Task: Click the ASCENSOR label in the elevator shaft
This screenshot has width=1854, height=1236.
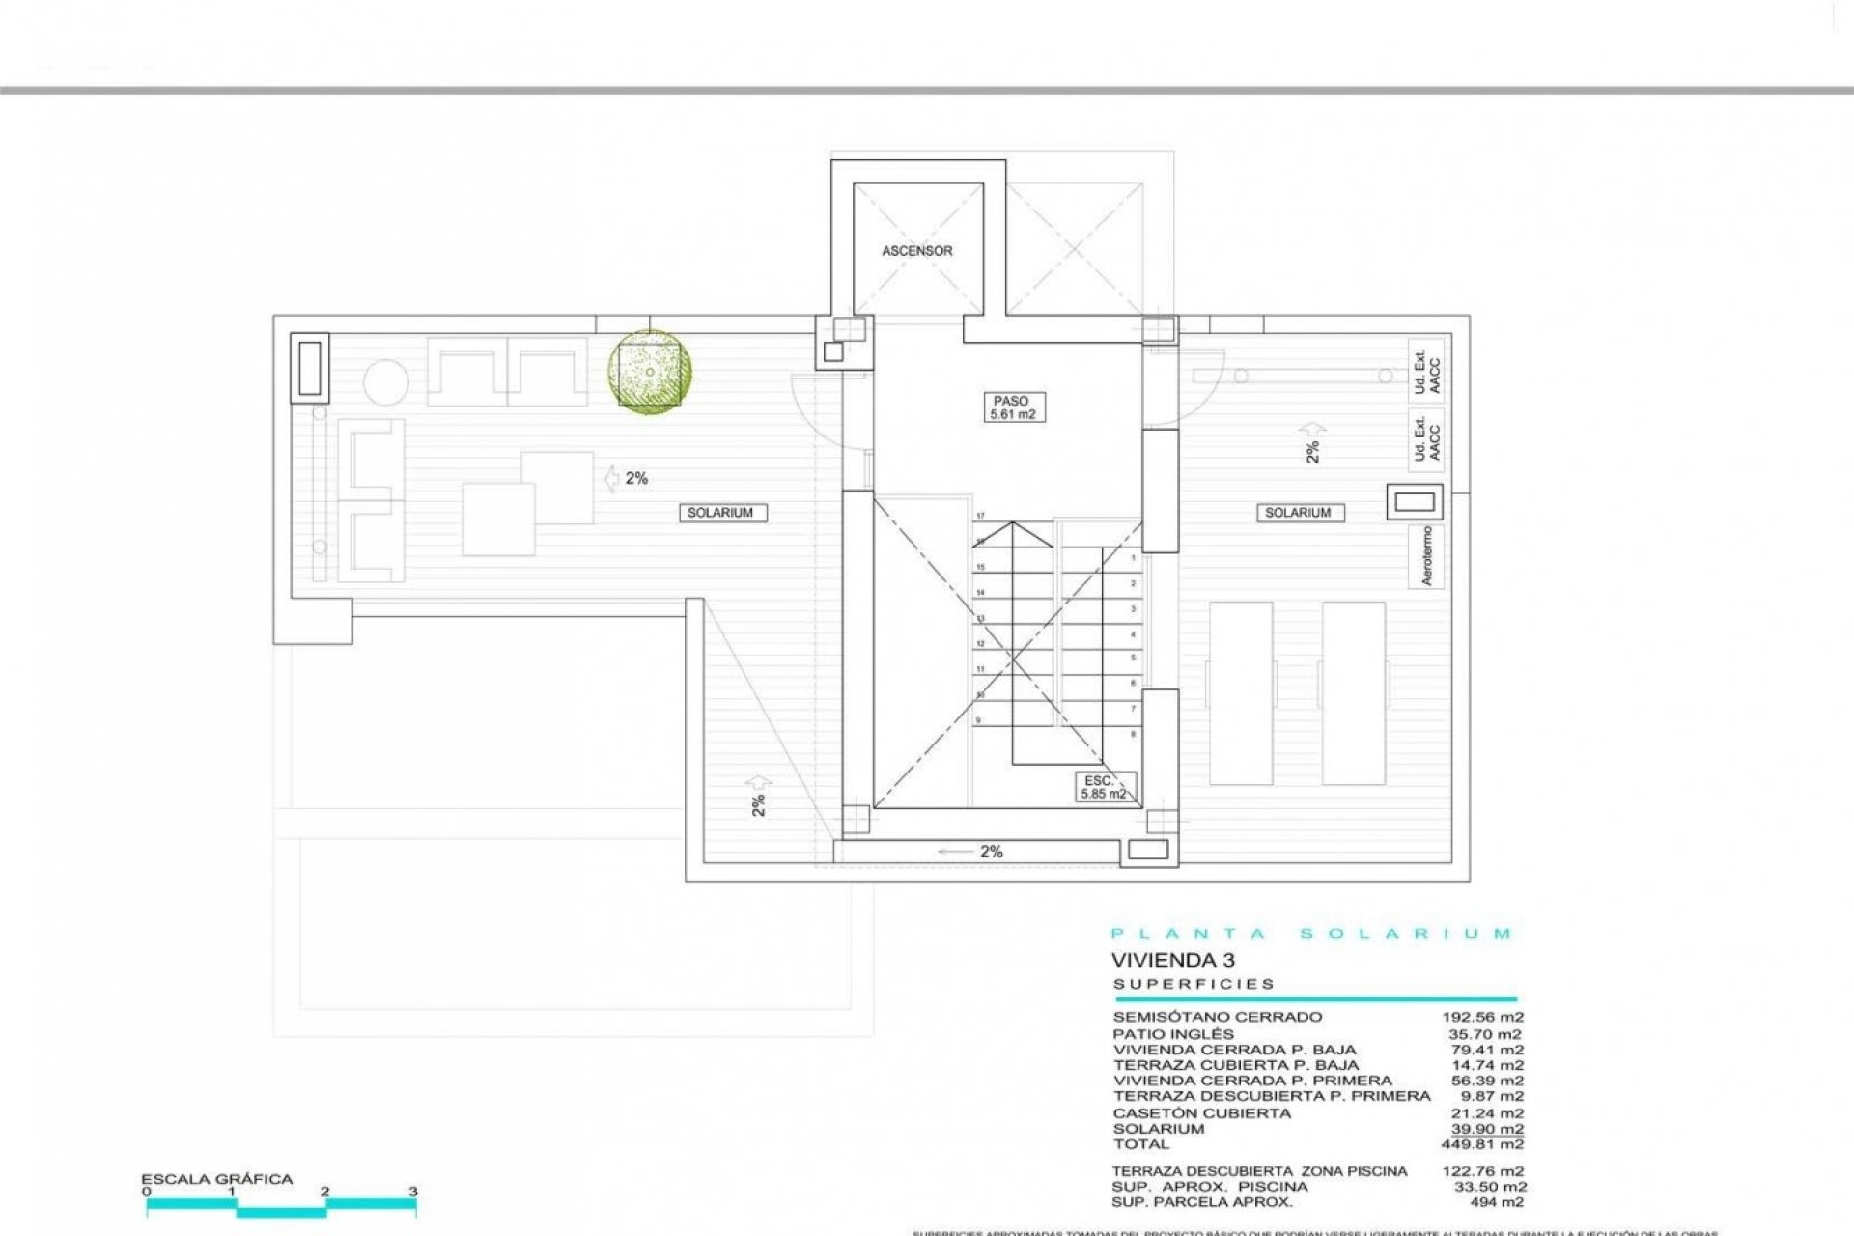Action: pos(916,251)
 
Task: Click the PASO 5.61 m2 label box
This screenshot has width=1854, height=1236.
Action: pos(1011,407)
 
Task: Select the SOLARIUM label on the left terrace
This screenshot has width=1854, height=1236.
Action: pos(719,513)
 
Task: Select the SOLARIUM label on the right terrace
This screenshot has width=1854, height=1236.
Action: pos(1297,513)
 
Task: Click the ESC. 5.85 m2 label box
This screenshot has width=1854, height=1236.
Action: pos(1103,787)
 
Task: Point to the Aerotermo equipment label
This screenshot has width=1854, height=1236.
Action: pos(1427,556)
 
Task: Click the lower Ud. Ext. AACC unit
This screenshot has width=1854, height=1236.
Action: pos(1426,437)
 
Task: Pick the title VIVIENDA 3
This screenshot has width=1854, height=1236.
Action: pos(1172,960)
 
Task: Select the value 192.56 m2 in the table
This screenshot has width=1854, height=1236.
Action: pos(1482,1017)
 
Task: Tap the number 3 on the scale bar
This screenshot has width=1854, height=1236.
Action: pos(412,1192)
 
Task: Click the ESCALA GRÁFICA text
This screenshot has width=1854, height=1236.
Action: pos(216,1179)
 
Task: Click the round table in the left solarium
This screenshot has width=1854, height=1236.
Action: pos(385,382)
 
